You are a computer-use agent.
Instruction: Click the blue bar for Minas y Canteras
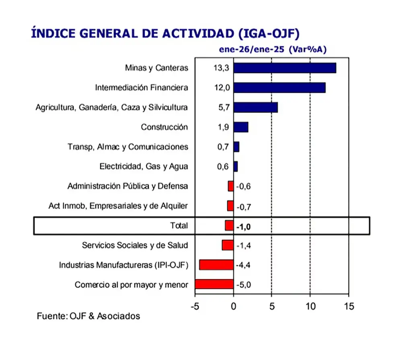click(x=284, y=68)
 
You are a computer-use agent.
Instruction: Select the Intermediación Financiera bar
click(x=279, y=88)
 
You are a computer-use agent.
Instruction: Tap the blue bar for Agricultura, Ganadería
click(x=255, y=107)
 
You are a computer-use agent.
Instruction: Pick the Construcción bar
click(x=241, y=127)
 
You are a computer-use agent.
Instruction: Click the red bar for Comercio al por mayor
click(x=214, y=284)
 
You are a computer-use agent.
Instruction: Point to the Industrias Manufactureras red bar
click(x=216, y=265)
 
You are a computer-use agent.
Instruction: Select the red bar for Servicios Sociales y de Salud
click(x=228, y=245)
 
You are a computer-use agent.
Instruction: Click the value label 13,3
click(x=221, y=68)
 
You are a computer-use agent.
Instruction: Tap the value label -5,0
click(x=244, y=285)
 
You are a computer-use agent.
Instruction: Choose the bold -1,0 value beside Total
click(x=243, y=227)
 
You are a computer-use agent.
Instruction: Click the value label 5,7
click(x=223, y=107)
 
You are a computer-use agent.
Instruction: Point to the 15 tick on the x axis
click(x=349, y=307)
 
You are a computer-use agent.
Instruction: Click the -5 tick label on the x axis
click(x=194, y=307)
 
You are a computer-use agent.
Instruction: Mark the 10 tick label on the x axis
click(x=310, y=307)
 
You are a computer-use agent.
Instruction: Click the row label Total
click(x=179, y=226)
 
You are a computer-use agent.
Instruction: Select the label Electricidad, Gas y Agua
click(x=144, y=166)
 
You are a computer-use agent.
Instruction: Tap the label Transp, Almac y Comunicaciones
click(x=128, y=147)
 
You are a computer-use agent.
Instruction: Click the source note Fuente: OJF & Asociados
click(x=88, y=316)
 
